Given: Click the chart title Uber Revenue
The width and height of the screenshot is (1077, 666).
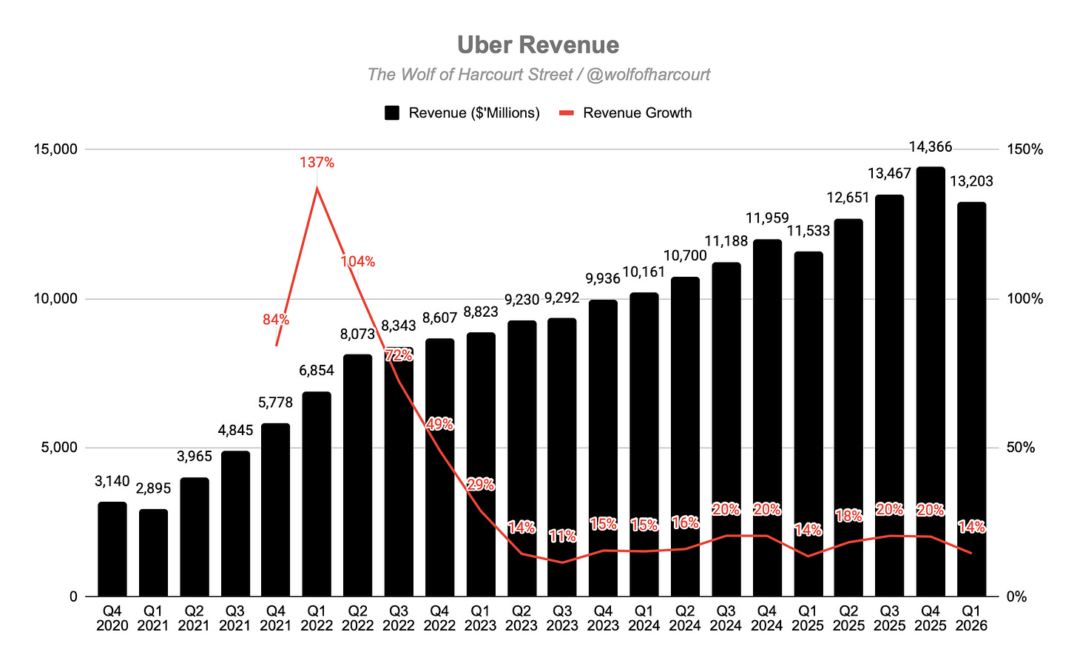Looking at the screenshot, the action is [x=538, y=45].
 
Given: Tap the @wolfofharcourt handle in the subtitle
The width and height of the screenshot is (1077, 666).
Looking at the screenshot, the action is [x=648, y=75].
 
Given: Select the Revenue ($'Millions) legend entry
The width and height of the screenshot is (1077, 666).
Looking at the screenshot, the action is [x=462, y=113].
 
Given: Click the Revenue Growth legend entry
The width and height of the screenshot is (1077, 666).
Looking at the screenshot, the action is [x=626, y=113].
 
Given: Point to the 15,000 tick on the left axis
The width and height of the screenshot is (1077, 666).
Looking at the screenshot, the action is [x=55, y=149].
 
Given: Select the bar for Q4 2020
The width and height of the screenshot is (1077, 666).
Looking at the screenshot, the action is [x=112, y=549].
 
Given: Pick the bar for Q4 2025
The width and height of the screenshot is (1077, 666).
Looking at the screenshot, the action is [x=931, y=382].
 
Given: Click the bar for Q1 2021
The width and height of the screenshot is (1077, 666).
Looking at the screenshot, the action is [x=153, y=553].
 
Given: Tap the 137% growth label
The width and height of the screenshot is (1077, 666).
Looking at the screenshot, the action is [x=317, y=163].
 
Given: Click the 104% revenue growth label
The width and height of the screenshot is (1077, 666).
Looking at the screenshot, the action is [x=358, y=262].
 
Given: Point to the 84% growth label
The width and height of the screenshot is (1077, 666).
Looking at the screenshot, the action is [x=276, y=319].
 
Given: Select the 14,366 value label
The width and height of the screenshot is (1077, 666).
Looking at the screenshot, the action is [x=931, y=147].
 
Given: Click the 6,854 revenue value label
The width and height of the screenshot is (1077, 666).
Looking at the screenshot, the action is [x=317, y=370].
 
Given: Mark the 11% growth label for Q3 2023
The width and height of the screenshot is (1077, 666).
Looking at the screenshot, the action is [x=562, y=536].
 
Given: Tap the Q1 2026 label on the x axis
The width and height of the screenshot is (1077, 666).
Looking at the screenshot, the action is [x=972, y=618].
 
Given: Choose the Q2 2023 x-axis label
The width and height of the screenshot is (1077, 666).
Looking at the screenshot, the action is [x=521, y=618].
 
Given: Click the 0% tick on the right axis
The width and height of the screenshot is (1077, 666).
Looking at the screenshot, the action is [x=1016, y=596].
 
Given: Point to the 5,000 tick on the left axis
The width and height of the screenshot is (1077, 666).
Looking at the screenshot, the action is [x=58, y=448].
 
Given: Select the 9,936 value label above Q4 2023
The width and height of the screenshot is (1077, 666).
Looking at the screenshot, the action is [x=603, y=278].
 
